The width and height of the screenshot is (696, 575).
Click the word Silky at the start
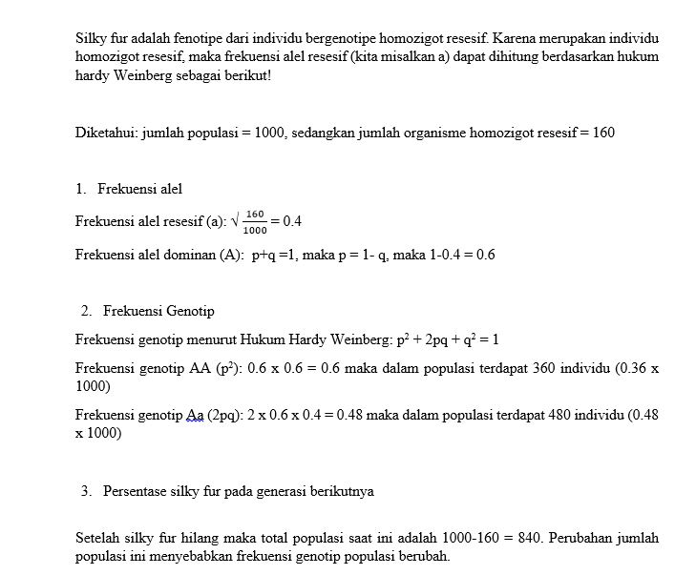(x=90, y=39)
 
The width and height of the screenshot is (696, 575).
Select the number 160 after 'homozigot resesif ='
(x=603, y=133)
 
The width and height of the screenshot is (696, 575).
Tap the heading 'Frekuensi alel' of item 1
(x=139, y=189)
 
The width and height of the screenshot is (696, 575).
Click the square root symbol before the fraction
(x=235, y=220)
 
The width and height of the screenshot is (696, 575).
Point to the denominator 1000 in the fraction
(x=255, y=230)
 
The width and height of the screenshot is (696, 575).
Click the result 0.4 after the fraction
(x=292, y=221)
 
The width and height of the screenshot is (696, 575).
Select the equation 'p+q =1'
(x=274, y=255)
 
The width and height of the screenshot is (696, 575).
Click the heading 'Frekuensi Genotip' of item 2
(x=158, y=311)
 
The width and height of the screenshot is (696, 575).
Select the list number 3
(x=85, y=491)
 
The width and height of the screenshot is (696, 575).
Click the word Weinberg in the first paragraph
(x=144, y=74)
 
